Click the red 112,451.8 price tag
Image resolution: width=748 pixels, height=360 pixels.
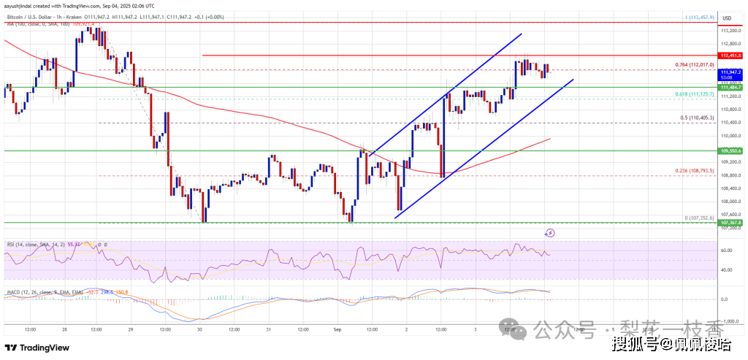pyautogui.click(x=731, y=55)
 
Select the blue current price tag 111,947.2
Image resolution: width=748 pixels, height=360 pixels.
pyautogui.click(x=731, y=73)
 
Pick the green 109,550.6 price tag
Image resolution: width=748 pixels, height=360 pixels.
pyautogui.click(x=731, y=151)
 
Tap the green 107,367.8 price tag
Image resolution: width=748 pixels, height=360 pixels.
pyautogui.click(x=731, y=222)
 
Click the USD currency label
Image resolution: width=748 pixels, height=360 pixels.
pyautogui.click(x=727, y=18)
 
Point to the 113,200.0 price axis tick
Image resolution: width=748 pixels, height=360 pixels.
pyautogui.click(x=731, y=31)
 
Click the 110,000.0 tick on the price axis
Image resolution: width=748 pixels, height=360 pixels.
pyautogui.click(x=731, y=136)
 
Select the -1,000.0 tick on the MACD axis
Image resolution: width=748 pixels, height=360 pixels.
pyautogui.click(x=730, y=320)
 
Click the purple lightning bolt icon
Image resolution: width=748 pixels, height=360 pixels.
pyautogui.click(x=550, y=233)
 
